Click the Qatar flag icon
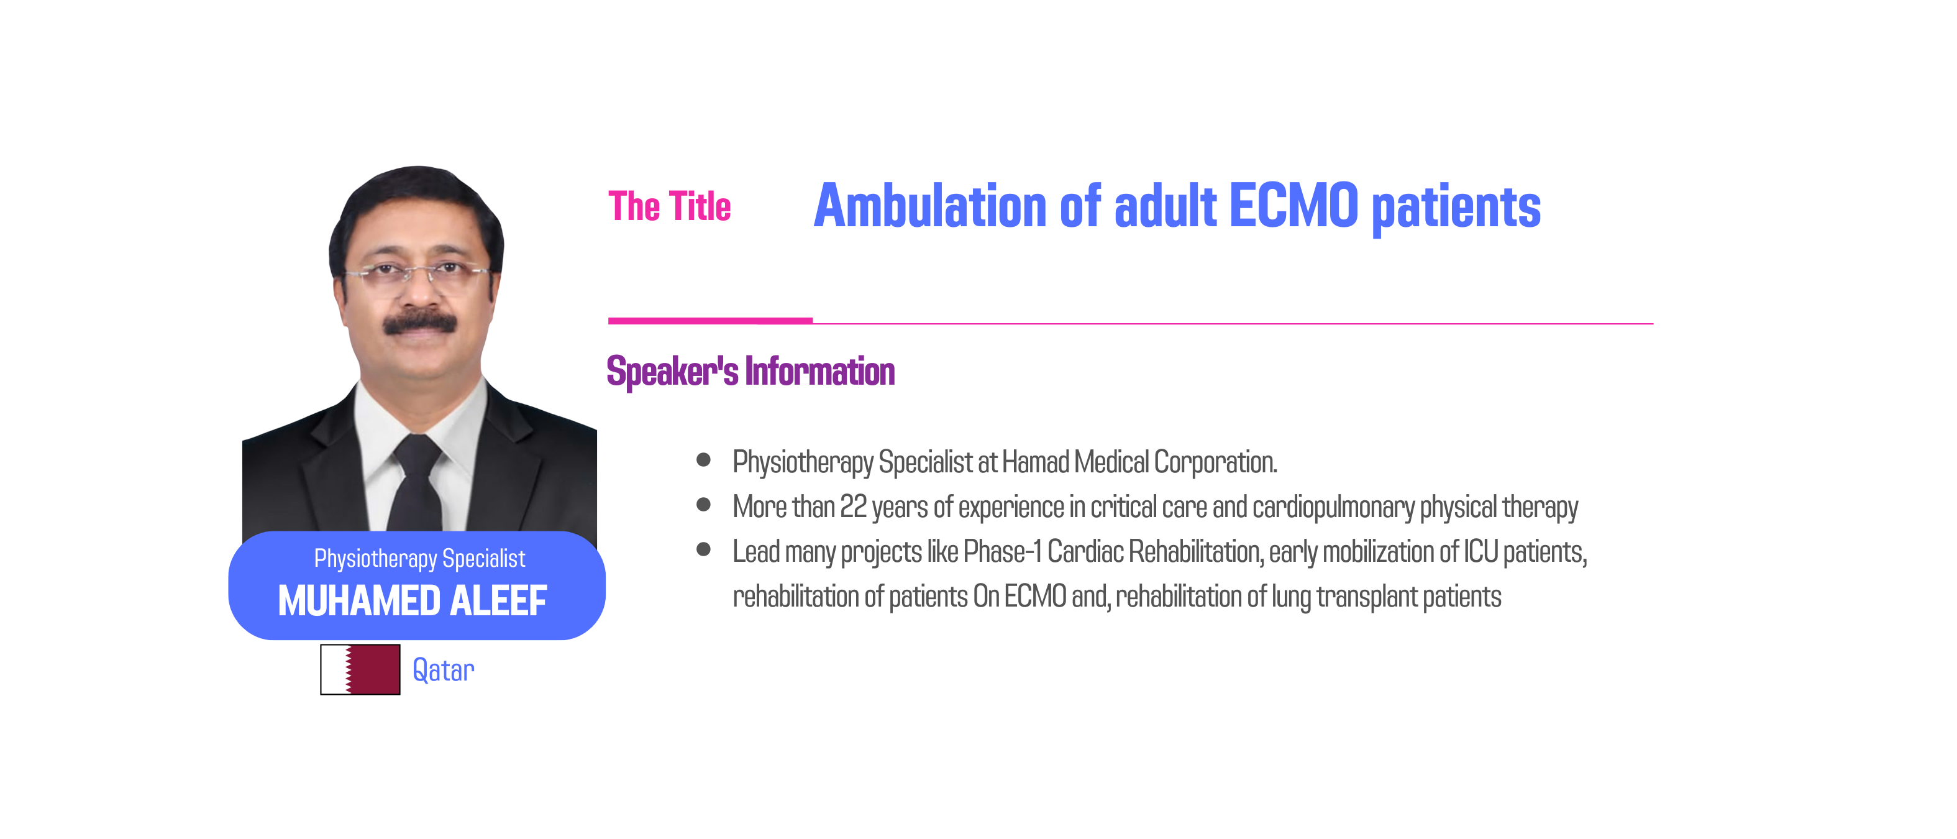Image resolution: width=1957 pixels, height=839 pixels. point(360,669)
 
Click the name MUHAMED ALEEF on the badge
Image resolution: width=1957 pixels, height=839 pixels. point(413,600)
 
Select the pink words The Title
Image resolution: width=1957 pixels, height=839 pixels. point(669,207)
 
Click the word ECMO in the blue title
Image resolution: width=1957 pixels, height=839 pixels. point(1293,205)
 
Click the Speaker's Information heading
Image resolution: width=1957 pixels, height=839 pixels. point(750,372)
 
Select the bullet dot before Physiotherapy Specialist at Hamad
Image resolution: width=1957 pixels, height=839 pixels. point(703,460)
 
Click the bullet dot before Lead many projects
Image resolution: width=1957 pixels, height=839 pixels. point(703,549)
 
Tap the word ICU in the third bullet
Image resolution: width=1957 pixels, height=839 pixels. point(1480,552)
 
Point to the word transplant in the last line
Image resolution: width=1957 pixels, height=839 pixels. point(1367,597)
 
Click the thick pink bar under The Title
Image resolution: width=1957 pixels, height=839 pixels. point(710,321)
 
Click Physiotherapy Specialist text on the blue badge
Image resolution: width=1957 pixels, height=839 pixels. point(419,559)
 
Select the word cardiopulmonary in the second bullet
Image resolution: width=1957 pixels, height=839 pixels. point(1333,508)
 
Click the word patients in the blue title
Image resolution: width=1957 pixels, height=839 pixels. point(1456,207)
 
